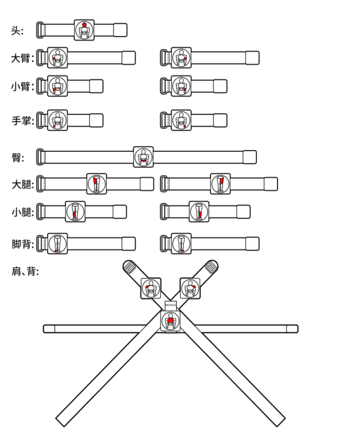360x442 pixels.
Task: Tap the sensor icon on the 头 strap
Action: (84, 30)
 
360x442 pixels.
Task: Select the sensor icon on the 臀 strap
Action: (143, 157)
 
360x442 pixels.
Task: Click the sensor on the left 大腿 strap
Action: (95, 184)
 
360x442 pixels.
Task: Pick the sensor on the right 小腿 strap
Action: (199, 211)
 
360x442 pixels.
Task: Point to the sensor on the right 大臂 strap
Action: (180, 58)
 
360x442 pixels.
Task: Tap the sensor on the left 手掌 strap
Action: (57, 119)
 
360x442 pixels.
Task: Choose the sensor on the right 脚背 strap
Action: (180, 242)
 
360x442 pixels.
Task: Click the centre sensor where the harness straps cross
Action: (171, 321)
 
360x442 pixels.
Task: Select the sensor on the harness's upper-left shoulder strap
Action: (151, 288)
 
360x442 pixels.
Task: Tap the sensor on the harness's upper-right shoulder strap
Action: (190, 288)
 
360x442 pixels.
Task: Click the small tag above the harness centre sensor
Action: (171, 304)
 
